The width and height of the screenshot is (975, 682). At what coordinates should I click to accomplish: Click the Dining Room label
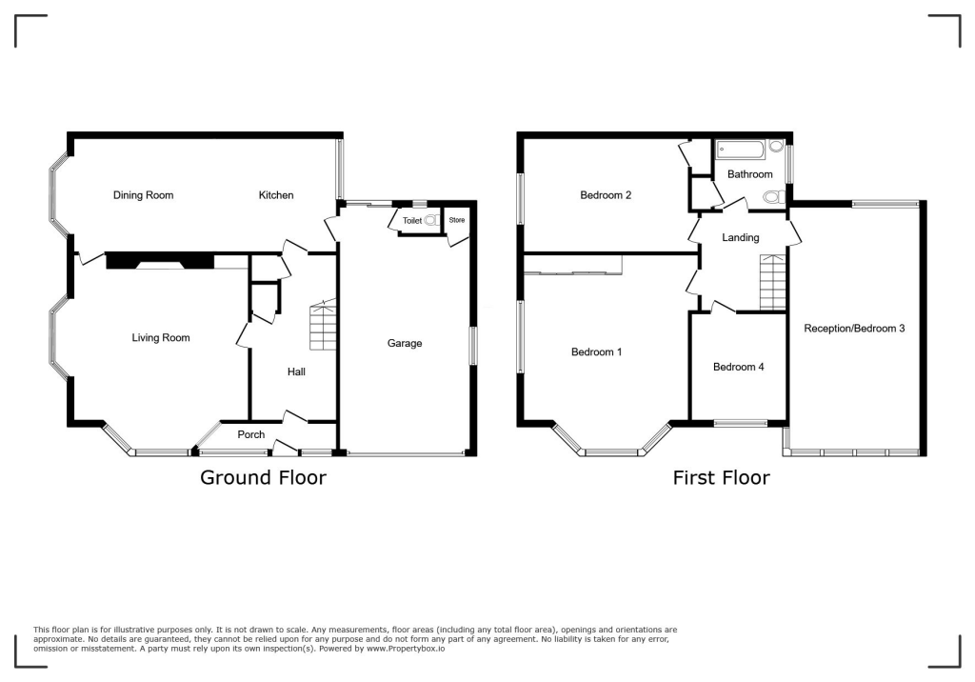coord(144,195)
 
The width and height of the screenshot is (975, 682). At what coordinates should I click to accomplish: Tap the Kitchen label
coord(276,195)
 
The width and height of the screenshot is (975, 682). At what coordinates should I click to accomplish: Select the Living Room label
coord(161,337)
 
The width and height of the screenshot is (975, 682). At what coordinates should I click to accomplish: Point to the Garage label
coord(405,343)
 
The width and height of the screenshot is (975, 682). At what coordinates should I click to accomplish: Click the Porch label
coord(251,434)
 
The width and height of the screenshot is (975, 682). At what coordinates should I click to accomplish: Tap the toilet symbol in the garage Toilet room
coord(431,220)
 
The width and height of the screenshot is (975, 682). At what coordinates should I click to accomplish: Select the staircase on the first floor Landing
coord(773,283)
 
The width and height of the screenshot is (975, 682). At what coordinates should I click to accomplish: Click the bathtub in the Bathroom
coord(743,149)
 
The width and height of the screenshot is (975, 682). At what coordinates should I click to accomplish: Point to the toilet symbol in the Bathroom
coord(773,196)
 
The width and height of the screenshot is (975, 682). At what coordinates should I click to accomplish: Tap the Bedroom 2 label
coord(607,195)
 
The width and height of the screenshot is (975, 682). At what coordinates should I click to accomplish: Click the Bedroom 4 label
coord(738,367)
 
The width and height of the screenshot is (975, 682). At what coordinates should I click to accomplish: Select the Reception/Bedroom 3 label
coord(854,328)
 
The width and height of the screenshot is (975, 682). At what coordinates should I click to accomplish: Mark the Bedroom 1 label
coord(596,351)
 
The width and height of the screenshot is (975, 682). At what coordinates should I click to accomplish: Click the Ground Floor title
coord(263,477)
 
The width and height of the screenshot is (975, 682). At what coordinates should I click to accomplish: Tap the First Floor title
coord(721,477)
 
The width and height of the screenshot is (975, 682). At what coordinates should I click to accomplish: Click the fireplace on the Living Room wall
coord(159,260)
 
